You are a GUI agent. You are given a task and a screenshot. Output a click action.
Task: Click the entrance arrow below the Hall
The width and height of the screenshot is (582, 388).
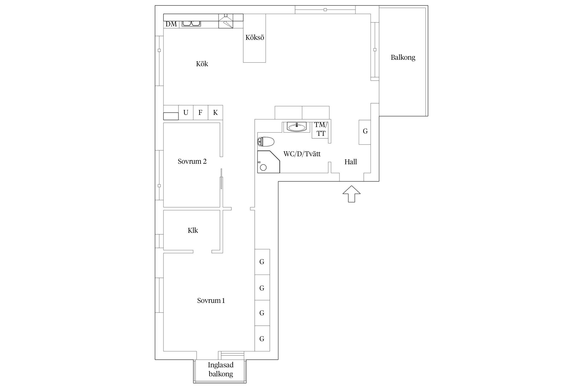point(351,194)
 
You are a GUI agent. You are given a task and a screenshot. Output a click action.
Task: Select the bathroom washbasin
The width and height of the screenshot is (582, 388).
point(297,127)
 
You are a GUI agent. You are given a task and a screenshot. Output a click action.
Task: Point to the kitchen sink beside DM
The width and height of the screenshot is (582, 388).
point(191,24)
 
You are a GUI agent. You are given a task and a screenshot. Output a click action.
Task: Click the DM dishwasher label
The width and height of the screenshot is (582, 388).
point(171,24)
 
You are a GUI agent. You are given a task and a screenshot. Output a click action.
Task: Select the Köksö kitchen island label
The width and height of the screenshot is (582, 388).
point(255,38)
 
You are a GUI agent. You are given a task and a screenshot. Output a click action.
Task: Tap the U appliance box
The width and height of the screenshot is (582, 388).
point(186,113)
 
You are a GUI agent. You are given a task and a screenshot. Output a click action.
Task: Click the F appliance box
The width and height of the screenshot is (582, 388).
point(200,113)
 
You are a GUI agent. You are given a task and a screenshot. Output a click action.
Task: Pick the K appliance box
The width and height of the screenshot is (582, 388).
point(215,113)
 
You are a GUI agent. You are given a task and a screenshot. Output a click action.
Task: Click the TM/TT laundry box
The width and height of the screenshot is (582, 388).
point(321,129)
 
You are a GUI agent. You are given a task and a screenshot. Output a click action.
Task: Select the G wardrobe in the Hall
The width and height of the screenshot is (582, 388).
point(365,132)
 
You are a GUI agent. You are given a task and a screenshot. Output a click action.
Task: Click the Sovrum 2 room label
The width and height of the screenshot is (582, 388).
point(192,161)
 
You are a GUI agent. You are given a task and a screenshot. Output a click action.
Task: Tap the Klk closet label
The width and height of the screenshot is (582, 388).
point(193,230)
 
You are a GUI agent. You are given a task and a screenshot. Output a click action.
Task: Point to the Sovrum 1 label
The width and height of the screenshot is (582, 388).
point(211,301)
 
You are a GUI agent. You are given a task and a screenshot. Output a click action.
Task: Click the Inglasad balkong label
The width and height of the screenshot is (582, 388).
point(221,369)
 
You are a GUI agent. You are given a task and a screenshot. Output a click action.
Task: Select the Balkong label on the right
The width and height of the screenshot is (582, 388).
point(403,57)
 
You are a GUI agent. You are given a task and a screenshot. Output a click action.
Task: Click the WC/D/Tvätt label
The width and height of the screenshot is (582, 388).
point(302,154)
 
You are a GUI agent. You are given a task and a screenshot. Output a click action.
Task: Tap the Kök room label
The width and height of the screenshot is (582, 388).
point(202,64)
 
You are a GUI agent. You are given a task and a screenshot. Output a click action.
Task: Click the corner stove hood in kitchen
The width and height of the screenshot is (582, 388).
point(226,21)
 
